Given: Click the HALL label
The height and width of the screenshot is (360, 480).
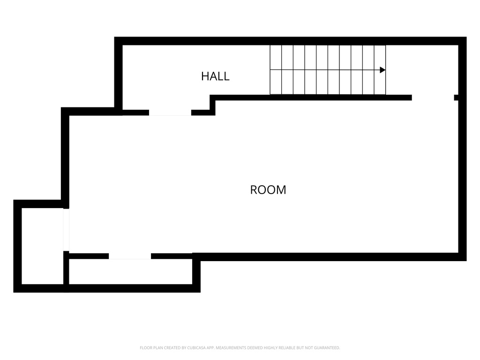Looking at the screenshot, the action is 215,76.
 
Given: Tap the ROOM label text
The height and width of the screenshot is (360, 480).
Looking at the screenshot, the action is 268,190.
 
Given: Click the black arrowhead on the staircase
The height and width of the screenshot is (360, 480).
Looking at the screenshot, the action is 382,70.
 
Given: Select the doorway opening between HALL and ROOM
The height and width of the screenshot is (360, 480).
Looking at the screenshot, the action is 170,112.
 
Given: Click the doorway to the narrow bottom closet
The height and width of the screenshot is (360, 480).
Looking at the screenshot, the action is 130,256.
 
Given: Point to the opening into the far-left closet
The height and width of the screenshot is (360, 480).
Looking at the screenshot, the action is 66,230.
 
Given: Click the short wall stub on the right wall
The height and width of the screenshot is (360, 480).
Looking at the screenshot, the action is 456,97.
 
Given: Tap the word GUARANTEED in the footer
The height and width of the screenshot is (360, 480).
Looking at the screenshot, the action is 327,348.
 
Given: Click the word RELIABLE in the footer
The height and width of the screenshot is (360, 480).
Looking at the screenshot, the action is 287,348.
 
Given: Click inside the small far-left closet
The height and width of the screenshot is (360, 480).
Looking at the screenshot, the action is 43,246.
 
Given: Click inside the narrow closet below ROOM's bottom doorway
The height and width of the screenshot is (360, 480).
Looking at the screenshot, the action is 130,271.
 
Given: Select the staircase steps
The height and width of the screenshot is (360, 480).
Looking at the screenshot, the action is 328,70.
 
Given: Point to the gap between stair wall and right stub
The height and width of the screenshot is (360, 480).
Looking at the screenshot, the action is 433,97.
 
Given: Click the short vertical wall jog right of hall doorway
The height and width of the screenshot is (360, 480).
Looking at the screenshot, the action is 212,105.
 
